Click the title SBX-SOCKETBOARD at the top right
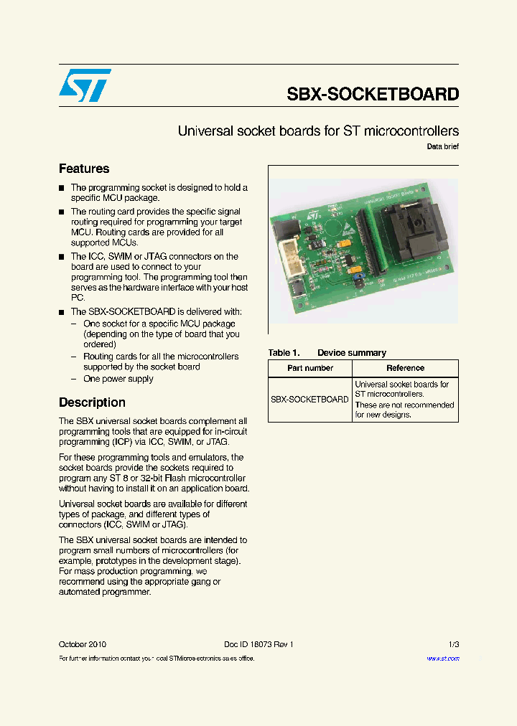pyautogui.click(x=373, y=94)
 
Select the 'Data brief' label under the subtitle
pyautogui.click(x=442, y=147)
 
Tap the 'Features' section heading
pyautogui.click(x=84, y=169)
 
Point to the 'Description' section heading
pyautogui.click(x=92, y=402)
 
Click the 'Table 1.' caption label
pyautogui.click(x=284, y=353)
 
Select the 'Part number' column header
pyautogui.click(x=310, y=368)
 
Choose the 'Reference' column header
pyautogui.click(x=405, y=368)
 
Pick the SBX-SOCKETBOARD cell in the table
pyautogui.click(x=309, y=400)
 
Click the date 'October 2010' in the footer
pyautogui.click(x=83, y=644)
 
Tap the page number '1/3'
pyautogui.click(x=453, y=644)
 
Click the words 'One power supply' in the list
pyautogui.click(x=118, y=379)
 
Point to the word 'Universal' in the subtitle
pyautogui.click(x=203, y=131)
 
